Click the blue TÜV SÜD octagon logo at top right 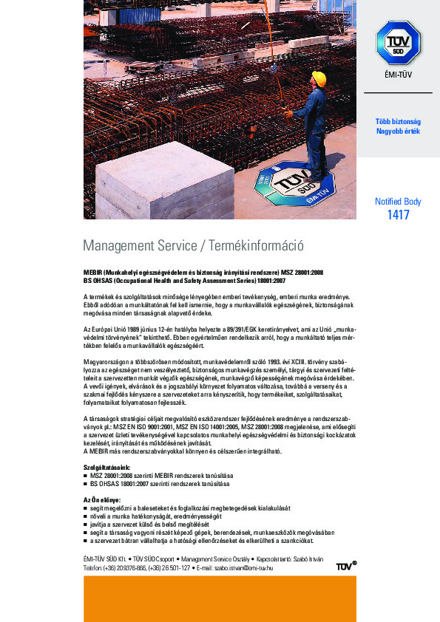(398, 42)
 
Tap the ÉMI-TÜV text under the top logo (398, 75)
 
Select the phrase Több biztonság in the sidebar (398, 121)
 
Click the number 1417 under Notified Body (398, 215)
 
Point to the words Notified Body (398, 201)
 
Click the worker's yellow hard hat (319, 78)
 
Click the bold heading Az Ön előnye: (101, 500)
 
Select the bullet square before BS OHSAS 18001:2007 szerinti (85, 484)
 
